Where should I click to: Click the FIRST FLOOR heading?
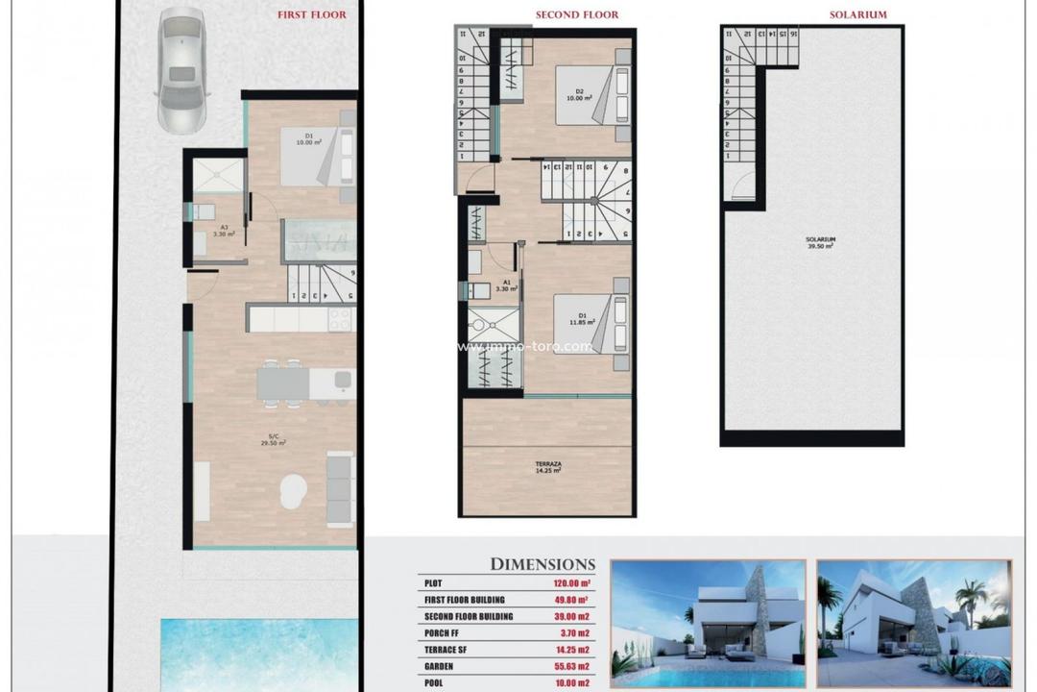pos(312,15)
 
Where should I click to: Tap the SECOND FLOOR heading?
pos(576,15)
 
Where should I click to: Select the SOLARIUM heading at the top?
pos(857,15)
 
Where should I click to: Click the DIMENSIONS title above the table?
pos(543,564)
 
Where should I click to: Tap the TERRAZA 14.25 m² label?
pos(549,468)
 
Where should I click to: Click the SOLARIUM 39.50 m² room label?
pos(820,241)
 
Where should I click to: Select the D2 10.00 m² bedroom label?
pos(576,96)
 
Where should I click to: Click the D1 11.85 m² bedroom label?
pos(576,320)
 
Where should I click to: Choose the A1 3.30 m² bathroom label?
pos(506,285)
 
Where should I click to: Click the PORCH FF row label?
pos(445,631)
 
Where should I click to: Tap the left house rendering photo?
pos(708,623)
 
